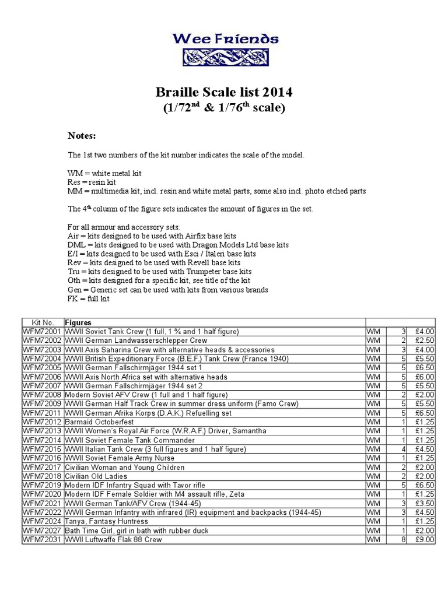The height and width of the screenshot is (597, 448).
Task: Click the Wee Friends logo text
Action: click(225, 39)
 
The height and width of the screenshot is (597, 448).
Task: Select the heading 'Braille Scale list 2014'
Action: click(224, 92)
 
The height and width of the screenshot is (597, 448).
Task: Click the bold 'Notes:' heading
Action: click(82, 136)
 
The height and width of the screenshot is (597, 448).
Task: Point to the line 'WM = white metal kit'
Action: click(104, 174)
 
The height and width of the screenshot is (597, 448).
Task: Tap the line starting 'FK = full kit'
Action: click(88, 298)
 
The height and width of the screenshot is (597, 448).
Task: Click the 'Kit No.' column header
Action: click(43, 322)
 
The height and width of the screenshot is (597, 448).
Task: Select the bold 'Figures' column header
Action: click(78, 322)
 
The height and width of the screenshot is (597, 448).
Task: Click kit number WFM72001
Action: click(42, 332)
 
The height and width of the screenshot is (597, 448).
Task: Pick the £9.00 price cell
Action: click(425, 540)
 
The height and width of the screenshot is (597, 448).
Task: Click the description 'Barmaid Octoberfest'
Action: click(99, 422)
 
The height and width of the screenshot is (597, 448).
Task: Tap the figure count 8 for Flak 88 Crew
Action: click(403, 540)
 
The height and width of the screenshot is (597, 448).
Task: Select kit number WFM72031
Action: click(42, 540)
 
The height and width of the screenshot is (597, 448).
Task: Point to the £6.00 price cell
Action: click(425, 377)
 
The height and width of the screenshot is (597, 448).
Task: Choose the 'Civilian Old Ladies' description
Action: click(96, 476)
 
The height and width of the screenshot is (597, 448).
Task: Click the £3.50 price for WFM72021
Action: click(425, 504)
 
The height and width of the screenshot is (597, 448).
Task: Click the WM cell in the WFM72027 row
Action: click(373, 531)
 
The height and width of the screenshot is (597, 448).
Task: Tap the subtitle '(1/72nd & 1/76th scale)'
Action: click(224, 108)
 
